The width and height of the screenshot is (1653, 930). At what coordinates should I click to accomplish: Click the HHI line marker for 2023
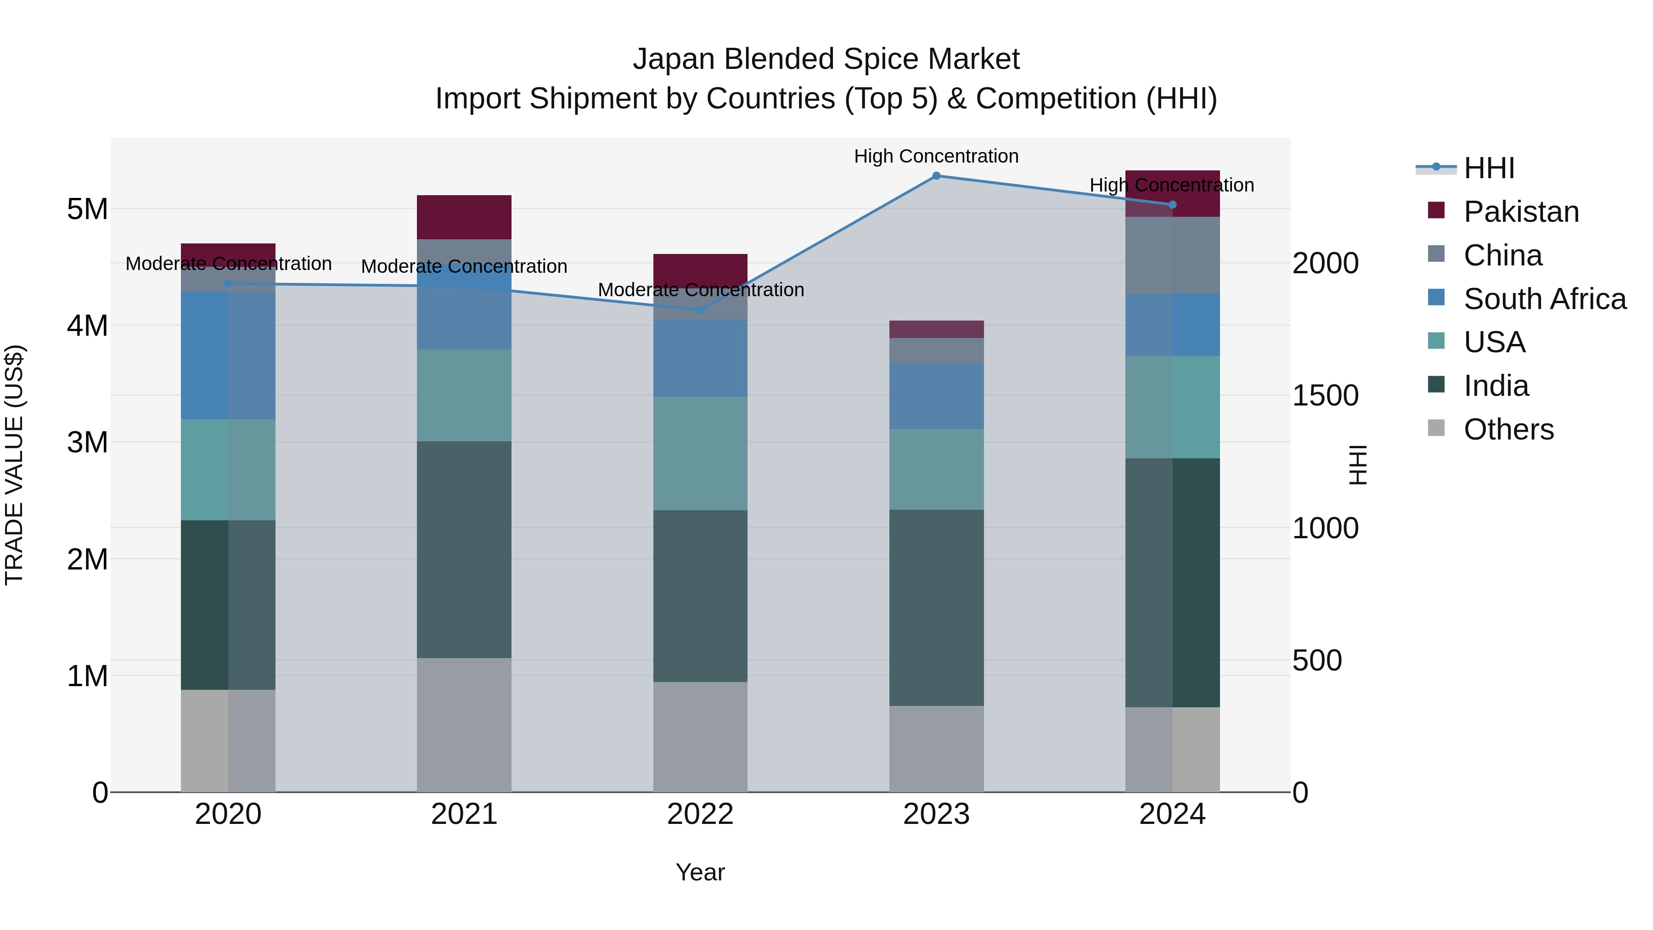[x=936, y=176]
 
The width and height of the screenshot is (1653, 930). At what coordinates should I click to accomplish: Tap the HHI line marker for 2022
[x=700, y=310]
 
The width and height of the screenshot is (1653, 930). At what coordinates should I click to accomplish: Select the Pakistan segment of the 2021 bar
[x=464, y=217]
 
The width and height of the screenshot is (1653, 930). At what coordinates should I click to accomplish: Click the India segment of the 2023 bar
[x=936, y=607]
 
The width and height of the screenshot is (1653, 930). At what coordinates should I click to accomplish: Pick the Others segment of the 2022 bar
[x=700, y=736]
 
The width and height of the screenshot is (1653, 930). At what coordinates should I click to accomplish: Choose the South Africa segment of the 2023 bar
[x=936, y=396]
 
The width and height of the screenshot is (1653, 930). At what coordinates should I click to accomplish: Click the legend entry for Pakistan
[x=1521, y=212]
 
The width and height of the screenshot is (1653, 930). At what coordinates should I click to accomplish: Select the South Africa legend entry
[x=1544, y=299]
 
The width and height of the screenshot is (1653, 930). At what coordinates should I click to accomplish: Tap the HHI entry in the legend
[x=1489, y=168]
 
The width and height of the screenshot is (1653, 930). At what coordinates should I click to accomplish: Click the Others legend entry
[x=1508, y=429]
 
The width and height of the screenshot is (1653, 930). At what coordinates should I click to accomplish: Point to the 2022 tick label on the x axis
[x=700, y=814]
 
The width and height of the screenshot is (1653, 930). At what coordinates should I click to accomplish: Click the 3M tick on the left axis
[x=87, y=442]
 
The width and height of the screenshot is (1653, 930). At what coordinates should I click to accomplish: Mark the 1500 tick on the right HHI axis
[x=1324, y=396]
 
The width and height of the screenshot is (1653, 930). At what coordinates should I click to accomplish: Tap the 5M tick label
[x=87, y=209]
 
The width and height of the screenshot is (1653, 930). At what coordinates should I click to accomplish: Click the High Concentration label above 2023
[x=936, y=157]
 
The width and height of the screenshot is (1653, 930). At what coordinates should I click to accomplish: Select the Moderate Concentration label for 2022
[x=701, y=290]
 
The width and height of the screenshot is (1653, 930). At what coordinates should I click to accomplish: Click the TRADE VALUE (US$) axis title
[x=14, y=465]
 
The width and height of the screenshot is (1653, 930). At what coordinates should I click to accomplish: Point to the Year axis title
[x=700, y=872]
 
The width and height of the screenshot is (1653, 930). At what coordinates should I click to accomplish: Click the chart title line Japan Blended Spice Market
[x=826, y=59]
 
